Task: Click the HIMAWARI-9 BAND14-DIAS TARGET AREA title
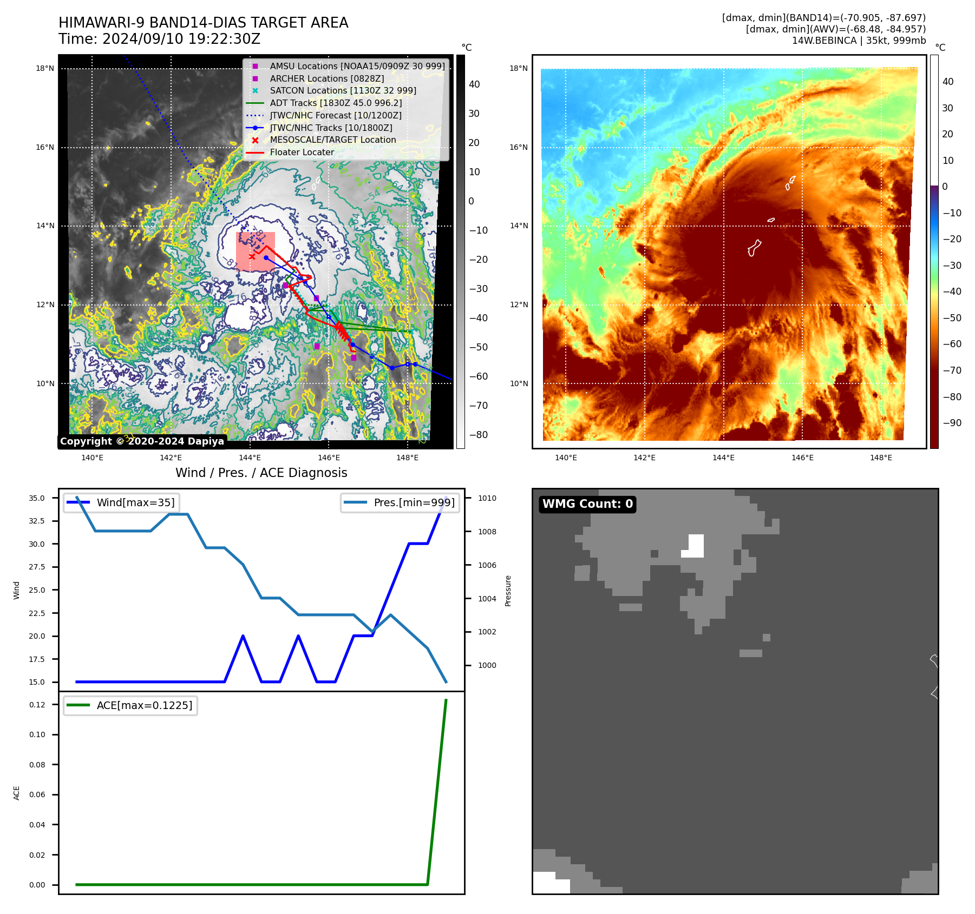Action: pyautogui.click(x=203, y=23)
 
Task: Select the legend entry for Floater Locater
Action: pyautogui.click(x=302, y=153)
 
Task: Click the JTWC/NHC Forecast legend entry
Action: pyautogui.click(x=335, y=116)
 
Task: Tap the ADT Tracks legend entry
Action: pyautogui.click(x=335, y=103)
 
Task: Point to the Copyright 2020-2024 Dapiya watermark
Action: pyautogui.click(x=142, y=441)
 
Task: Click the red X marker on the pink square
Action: pyautogui.click(x=252, y=257)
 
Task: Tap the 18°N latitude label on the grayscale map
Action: pyautogui.click(x=45, y=69)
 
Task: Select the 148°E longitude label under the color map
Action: pyautogui.click(x=881, y=458)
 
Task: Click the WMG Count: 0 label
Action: pyautogui.click(x=587, y=504)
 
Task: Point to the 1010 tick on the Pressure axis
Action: pyautogui.click(x=487, y=499)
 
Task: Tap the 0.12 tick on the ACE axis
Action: pyautogui.click(x=37, y=705)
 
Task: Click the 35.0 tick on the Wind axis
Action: pyautogui.click(x=37, y=499)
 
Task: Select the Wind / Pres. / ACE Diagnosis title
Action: pyautogui.click(x=261, y=473)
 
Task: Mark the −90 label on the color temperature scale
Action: pyautogui.click(x=952, y=423)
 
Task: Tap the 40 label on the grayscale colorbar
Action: pyautogui.click(x=474, y=84)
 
